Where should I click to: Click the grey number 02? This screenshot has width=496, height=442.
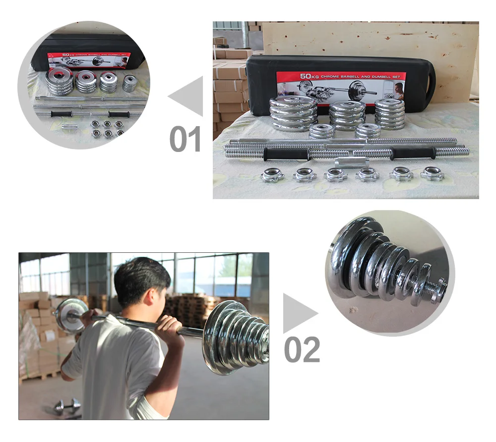point(302,350)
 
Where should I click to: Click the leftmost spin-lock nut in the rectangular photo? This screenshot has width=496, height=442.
point(273,175)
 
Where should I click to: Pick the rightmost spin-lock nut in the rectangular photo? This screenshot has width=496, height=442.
point(432,173)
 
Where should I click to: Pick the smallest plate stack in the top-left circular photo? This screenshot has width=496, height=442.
point(129,83)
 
